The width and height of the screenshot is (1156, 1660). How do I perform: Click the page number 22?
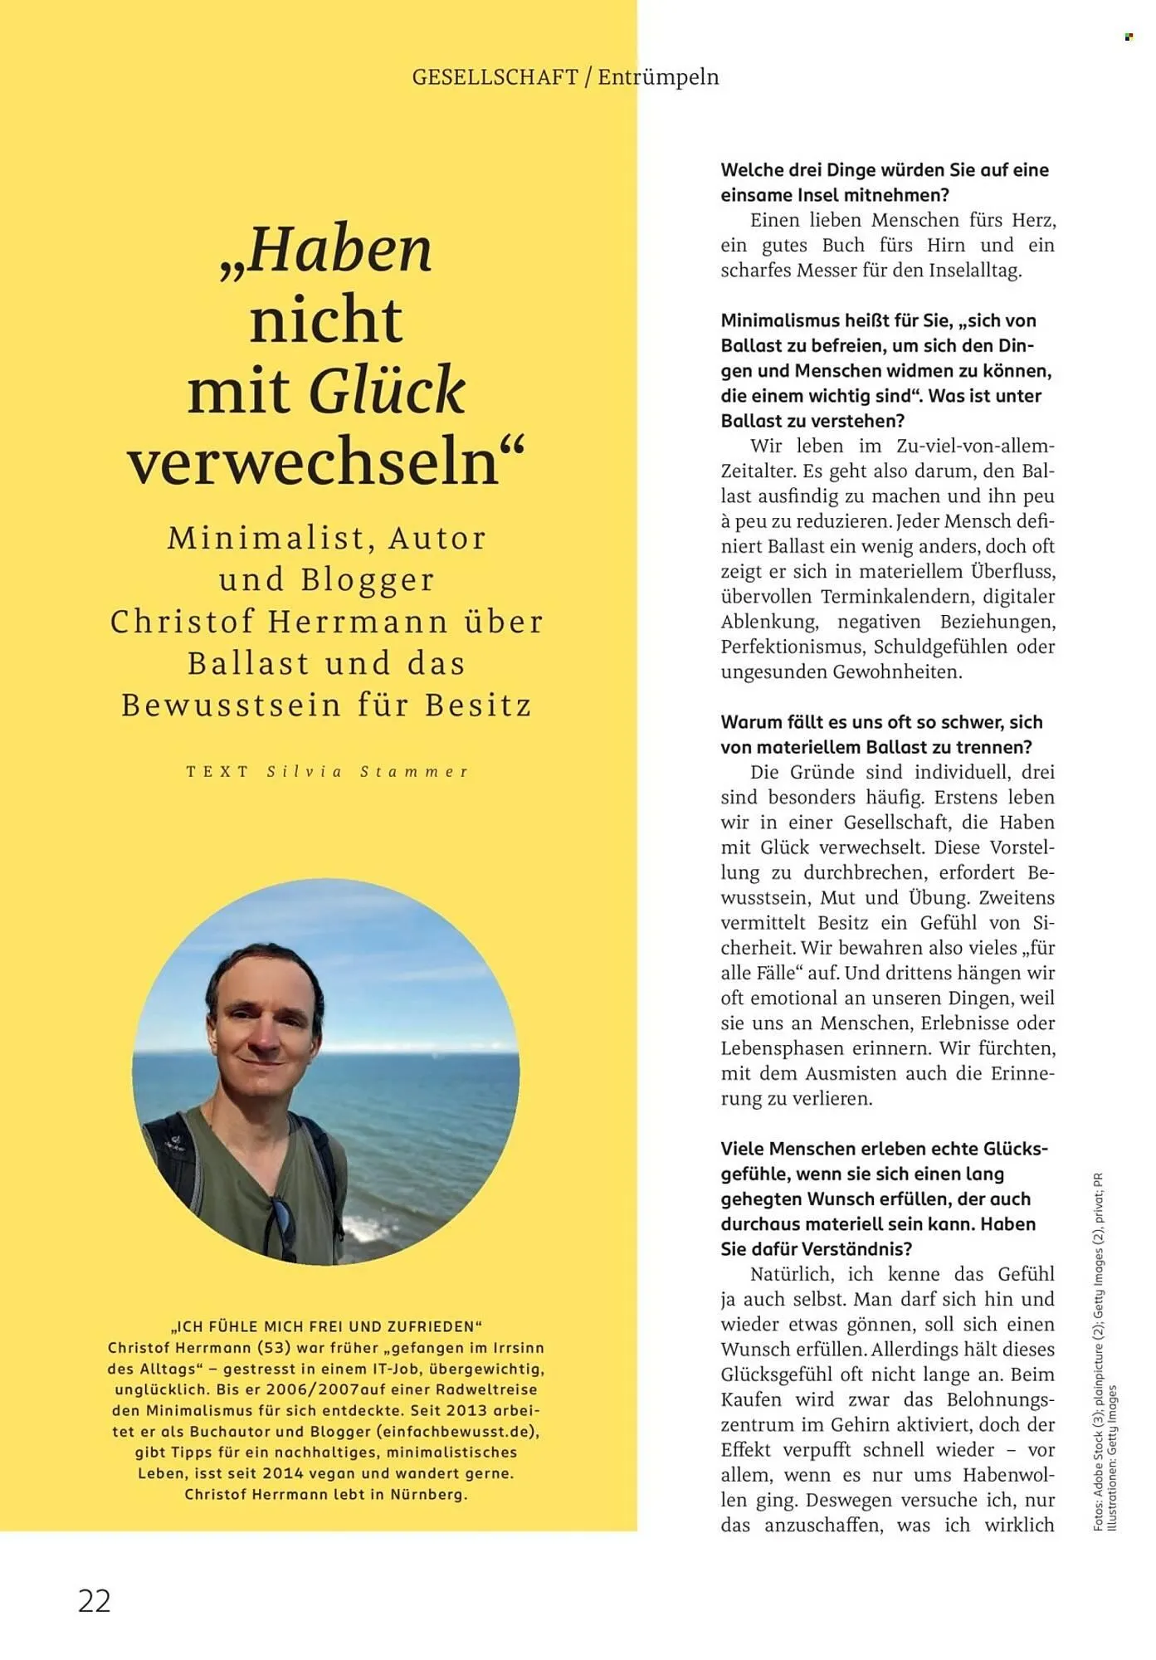(x=94, y=1600)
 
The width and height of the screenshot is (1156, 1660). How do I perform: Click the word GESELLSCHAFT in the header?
(x=495, y=77)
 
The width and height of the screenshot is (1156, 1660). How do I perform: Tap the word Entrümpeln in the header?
(x=658, y=77)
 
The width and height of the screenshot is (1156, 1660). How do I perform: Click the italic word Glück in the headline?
(x=387, y=390)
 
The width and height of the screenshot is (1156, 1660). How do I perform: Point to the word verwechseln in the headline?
(x=314, y=462)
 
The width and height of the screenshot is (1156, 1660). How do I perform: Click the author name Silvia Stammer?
(x=368, y=771)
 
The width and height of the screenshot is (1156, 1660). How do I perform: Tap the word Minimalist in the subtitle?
(x=266, y=539)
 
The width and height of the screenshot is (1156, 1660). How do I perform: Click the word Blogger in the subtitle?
(x=368, y=580)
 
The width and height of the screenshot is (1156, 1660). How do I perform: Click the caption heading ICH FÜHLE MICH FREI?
(x=326, y=1326)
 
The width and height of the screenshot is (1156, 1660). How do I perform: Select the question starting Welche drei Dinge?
(x=884, y=183)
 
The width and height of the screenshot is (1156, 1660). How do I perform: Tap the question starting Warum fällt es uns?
(x=880, y=735)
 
